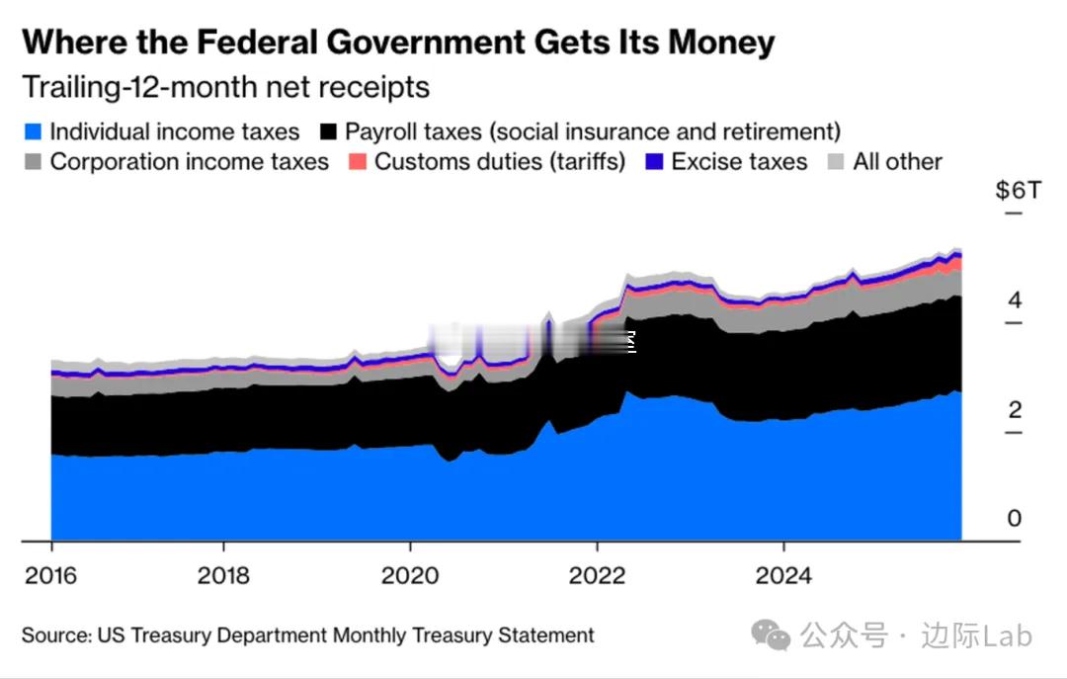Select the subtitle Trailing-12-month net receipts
[226, 87]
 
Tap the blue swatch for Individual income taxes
[34, 131]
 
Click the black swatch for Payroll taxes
[329, 131]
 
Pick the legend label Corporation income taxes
[189, 162]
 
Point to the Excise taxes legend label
[739, 162]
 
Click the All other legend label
[897, 162]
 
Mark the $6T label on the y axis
[1018, 190]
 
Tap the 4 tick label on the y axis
[1015, 300]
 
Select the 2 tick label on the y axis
[1015, 410]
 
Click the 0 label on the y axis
[1015, 519]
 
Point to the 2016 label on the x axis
[51, 575]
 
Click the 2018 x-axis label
[223, 575]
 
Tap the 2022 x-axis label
[597, 575]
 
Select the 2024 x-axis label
[783, 575]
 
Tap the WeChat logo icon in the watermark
[770, 636]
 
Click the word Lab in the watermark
[1009, 636]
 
